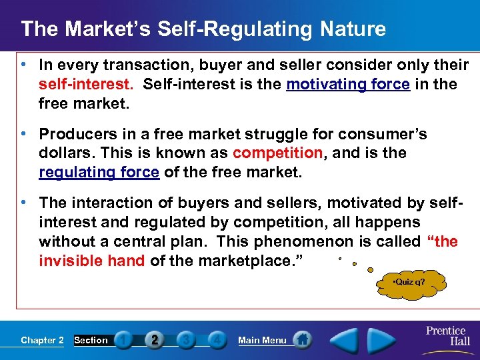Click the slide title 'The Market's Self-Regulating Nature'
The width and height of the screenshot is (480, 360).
(x=203, y=29)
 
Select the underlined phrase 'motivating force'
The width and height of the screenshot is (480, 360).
(x=348, y=85)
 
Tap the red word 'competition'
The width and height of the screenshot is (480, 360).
(x=277, y=153)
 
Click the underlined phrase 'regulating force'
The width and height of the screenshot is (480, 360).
(x=99, y=173)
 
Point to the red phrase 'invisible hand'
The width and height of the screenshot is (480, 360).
(x=91, y=261)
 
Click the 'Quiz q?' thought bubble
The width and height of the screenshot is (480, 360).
(x=409, y=282)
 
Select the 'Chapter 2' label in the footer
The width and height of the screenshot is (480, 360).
(x=42, y=340)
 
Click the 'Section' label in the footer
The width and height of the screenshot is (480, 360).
(x=91, y=340)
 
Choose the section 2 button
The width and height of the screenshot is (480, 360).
(x=155, y=340)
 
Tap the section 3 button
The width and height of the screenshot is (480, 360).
(x=186, y=340)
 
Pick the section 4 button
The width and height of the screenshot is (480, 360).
(x=216, y=340)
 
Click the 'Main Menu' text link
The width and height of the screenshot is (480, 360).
(x=262, y=340)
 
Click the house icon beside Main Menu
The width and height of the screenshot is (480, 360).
(x=302, y=339)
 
